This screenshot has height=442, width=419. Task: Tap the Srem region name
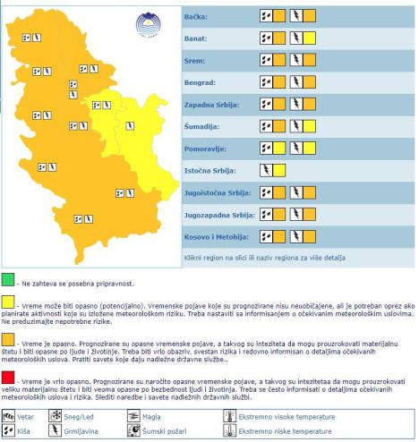194,60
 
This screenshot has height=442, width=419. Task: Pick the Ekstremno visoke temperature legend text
286,417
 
